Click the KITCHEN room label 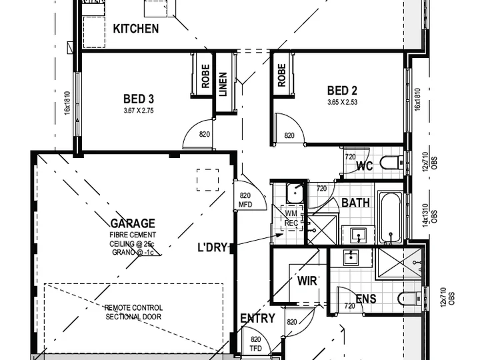(136, 29)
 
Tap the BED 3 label (139, 99)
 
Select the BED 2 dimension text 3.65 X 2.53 (342, 102)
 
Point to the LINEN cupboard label (223, 84)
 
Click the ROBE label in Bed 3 (205, 76)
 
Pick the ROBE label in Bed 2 (281, 75)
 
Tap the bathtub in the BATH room (390, 217)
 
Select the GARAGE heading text (133, 223)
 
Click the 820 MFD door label (245, 200)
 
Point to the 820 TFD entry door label (255, 344)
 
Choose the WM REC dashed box (292, 218)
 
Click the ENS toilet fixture (410, 298)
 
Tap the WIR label (307, 281)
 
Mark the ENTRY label (257, 319)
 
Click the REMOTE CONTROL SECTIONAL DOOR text (133, 312)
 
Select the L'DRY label (213, 247)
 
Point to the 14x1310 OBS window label (430, 214)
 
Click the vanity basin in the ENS (351, 258)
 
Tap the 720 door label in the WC (350, 157)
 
